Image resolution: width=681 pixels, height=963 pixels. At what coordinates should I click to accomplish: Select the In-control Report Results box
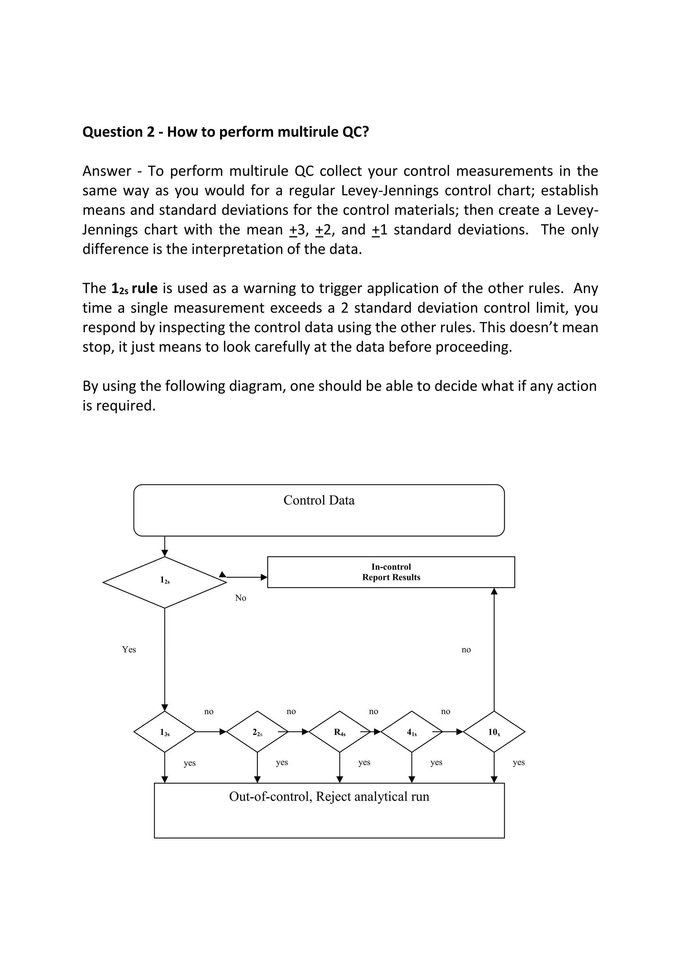click(x=391, y=572)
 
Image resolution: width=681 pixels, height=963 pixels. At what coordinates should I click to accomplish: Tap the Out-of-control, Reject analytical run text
click(x=329, y=796)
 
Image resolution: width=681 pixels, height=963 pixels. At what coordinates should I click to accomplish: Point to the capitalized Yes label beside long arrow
click(x=129, y=649)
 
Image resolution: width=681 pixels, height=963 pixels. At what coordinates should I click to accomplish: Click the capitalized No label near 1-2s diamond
click(x=241, y=598)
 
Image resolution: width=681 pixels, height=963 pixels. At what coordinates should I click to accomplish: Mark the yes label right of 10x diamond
click(x=519, y=762)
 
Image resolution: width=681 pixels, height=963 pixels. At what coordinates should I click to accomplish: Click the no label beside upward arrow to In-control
click(x=466, y=650)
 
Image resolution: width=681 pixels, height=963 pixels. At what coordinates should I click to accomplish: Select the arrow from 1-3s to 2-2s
click(x=210, y=732)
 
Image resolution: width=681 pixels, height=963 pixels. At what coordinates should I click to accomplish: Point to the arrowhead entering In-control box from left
click(x=264, y=577)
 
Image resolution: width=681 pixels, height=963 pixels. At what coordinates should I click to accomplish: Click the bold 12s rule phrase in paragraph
click(x=135, y=289)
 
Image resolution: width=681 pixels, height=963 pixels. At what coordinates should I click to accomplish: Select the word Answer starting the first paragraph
click(x=106, y=171)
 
